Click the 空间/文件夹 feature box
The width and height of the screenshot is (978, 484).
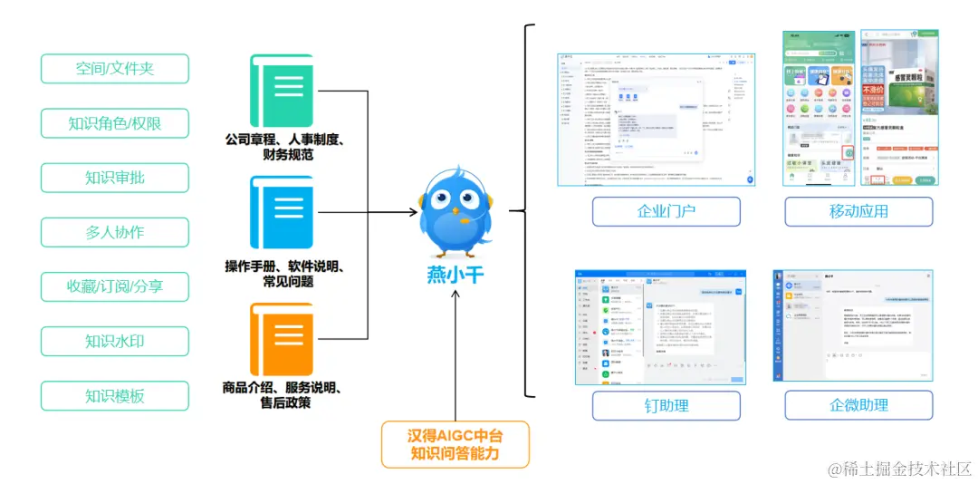(115, 69)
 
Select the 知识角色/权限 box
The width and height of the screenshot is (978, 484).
(115, 123)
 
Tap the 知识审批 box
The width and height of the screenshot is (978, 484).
(115, 178)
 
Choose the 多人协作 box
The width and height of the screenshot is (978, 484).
(115, 232)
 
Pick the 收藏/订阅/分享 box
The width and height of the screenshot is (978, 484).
(115, 286)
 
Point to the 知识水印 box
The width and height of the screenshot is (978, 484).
(115, 341)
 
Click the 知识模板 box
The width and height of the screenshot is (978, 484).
(115, 395)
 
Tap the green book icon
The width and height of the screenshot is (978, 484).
(282, 91)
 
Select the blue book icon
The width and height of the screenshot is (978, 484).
(282, 212)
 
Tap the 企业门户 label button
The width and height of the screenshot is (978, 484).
(666, 211)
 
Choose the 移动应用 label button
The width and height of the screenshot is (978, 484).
(858, 211)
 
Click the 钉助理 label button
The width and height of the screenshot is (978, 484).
(666, 405)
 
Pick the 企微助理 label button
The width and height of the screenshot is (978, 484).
(858, 405)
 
